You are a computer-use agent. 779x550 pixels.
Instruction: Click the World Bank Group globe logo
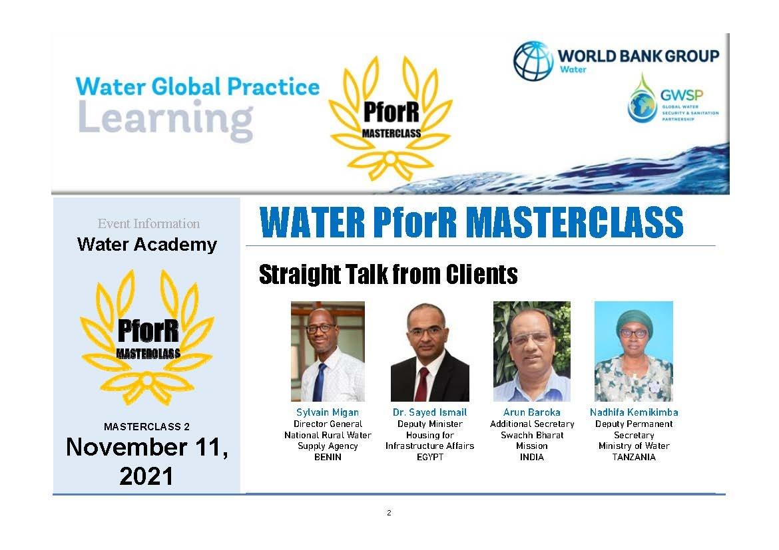click(533, 61)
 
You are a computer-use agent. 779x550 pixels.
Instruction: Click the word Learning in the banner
click(165, 120)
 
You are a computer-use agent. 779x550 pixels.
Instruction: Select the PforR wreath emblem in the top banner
click(390, 118)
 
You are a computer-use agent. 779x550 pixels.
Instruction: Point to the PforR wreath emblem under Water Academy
click(148, 338)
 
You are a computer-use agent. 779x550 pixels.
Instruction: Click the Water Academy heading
click(147, 245)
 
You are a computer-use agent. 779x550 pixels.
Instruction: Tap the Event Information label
click(148, 224)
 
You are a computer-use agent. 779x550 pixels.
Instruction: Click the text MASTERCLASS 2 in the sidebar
click(146, 426)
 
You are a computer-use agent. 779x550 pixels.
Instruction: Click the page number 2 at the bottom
click(389, 513)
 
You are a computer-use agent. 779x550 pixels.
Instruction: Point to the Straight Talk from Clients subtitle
click(388, 275)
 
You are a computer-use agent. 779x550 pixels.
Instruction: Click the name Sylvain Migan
click(328, 412)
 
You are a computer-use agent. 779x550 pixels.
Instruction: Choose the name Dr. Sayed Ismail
click(429, 412)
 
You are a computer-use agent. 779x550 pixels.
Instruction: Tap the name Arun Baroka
click(531, 412)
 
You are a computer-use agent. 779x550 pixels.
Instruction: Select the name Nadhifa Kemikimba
click(634, 412)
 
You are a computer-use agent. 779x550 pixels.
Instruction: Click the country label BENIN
click(328, 457)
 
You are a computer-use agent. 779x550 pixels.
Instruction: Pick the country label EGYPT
click(429, 457)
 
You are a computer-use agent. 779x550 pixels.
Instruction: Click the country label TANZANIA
click(634, 457)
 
